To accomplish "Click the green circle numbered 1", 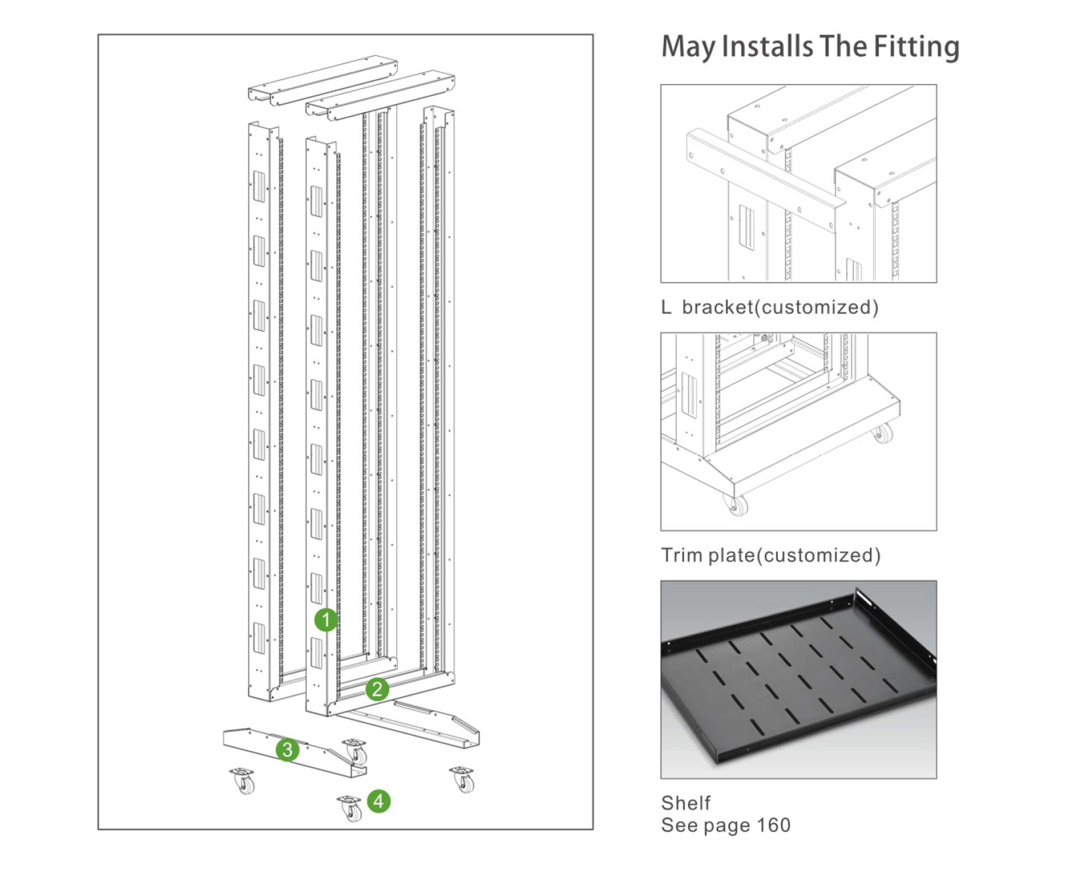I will coord(326,620).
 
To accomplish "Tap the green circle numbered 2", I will coord(377,689).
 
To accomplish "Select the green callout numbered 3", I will coord(287,749).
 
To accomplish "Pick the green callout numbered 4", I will coord(379,801).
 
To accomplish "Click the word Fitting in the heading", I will coord(916,47).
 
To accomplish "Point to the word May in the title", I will coord(688,47).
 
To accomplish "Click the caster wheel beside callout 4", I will coord(350,808).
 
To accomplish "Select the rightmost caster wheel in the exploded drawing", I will coord(463,780).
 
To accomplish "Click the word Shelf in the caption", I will coord(685,803).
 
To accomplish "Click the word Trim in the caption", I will coord(682,555).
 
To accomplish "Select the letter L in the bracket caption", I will coord(666,307).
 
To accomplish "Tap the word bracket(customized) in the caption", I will coord(780,307).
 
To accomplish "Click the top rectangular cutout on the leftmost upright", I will coord(259,186).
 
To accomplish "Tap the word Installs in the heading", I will coord(767,47).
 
